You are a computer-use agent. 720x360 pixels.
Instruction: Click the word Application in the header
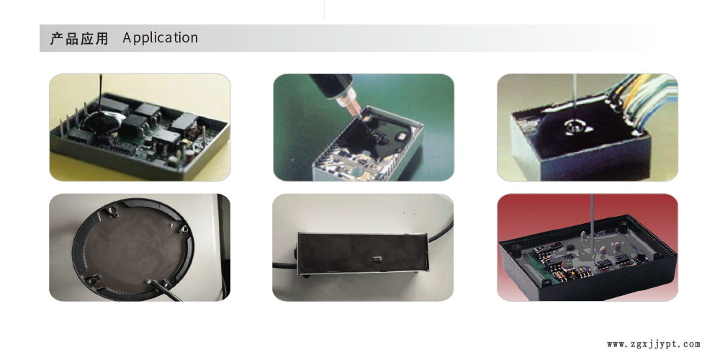[x=161, y=37]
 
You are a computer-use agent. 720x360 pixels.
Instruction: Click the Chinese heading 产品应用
[x=79, y=38]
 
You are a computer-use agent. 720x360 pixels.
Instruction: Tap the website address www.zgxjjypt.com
[x=654, y=344]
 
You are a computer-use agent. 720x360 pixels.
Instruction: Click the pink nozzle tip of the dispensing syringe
[x=354, y=110]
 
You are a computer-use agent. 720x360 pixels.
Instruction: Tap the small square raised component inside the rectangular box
[x=377, y=260]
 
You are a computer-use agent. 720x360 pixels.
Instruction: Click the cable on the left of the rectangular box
[x=285, y=266]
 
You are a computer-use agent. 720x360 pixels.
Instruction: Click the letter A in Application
[x=127, y=37]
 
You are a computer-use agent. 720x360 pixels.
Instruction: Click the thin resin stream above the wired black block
[x=575, y=98]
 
